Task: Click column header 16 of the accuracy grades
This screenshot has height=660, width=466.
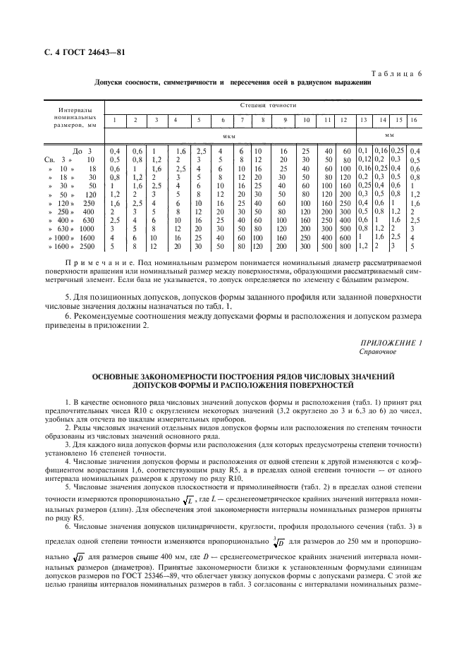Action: coord(415,121)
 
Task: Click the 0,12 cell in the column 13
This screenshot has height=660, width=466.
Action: coord(364,160)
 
